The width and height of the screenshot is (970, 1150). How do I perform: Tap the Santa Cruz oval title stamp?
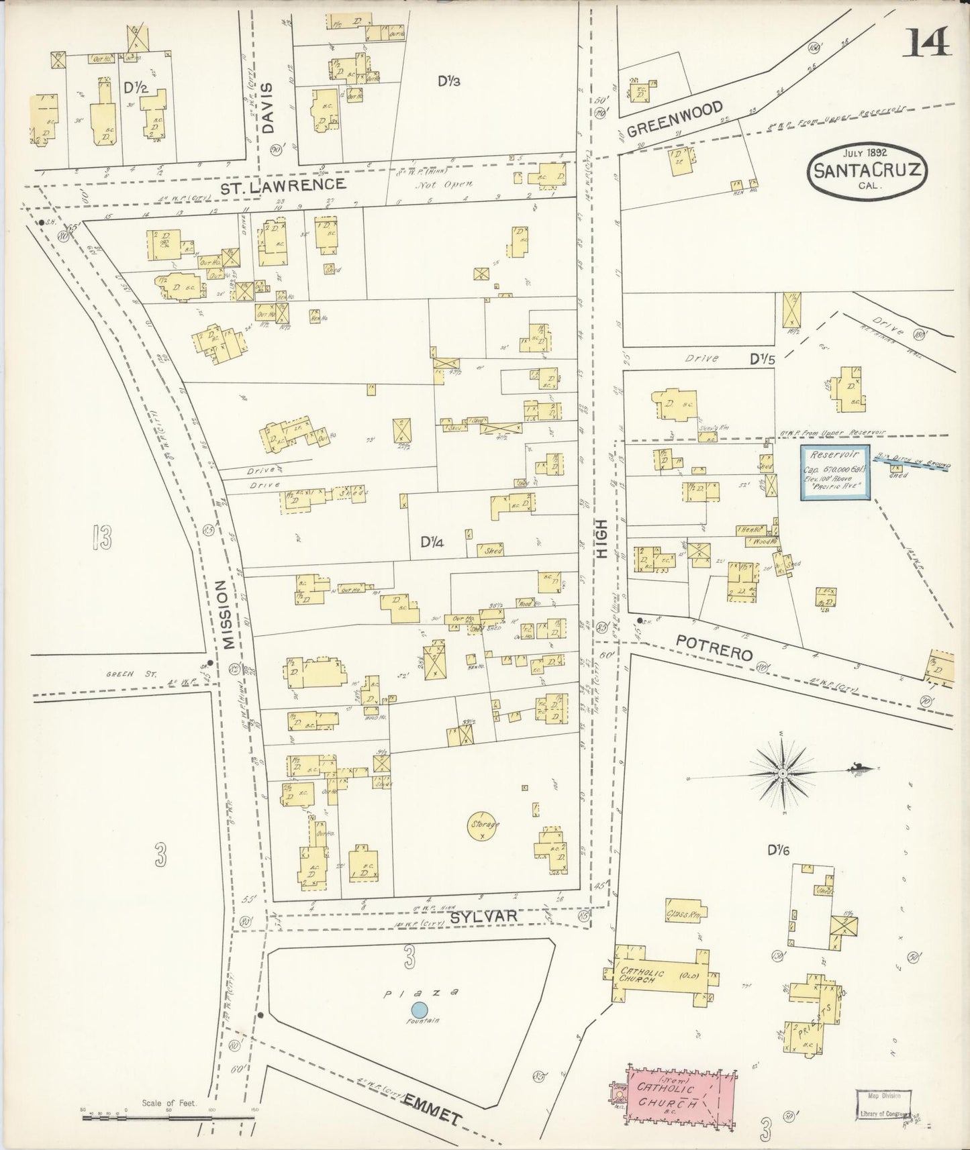pyautogui.click(x=868, y=170)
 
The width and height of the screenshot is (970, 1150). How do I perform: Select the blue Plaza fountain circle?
pyautogui.click(x=419, y=1008)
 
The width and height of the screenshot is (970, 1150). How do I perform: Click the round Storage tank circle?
pyautogui.click(x=483, y=825)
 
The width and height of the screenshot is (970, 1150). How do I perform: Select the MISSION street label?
pyautogui.click(x=229, y=615)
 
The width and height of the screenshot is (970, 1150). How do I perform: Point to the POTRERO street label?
pyautogui.click(x=714, y=648)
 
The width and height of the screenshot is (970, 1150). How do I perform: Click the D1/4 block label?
pyautogui.click(x=432, y=541)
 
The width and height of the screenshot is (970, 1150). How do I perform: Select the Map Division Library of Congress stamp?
pyautogui.click(x=883, y=1104)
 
